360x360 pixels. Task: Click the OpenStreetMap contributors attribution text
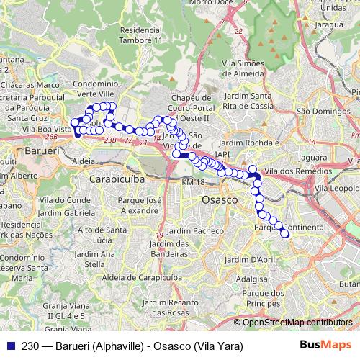pos(297,322)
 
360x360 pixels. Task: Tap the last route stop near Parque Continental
pos(287,233)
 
